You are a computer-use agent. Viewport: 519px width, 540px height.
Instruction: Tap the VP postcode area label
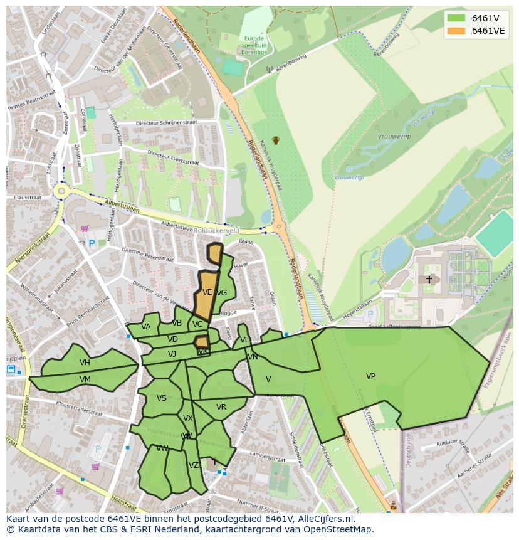(x=370, y=376)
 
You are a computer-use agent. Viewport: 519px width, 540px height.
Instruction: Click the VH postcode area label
(x=85, y=363)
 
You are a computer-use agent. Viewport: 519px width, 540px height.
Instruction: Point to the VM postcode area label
(x=85, y=379)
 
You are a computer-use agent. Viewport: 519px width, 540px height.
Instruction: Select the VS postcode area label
(x=162, y=398)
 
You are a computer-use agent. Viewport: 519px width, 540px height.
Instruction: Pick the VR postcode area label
(x=221, y=407)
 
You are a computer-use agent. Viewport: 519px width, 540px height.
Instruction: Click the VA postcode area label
(x=146, y=327)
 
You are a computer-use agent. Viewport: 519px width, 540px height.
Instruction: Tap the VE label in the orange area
(x=207, y=292)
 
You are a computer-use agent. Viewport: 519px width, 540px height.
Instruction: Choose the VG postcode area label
(x=221, y=293)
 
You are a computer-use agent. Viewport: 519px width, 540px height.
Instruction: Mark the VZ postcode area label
(x=194, y=465)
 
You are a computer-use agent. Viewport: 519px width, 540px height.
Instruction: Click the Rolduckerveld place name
(x=216, y=230)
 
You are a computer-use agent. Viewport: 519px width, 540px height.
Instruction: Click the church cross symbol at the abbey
(x=429, y=279)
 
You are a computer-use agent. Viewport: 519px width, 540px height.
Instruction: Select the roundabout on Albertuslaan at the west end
(x=61, y=191)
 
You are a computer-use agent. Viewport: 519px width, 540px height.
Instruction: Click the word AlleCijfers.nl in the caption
(x=325, y=519)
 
